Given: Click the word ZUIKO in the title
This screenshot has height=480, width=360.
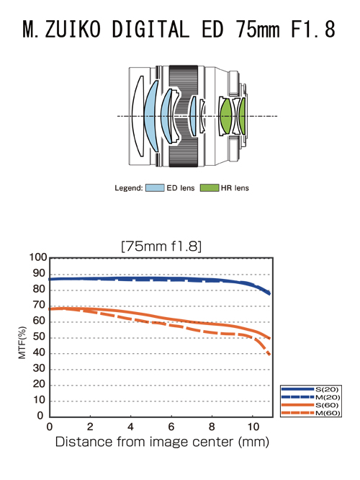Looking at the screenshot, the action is pyautogui.click(x=73, y=30).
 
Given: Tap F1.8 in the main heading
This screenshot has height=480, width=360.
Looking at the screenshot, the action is pyautogui.click(x=313, y=30).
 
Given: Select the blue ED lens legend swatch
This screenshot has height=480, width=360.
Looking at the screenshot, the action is pyautogui.click(x=155, y=188).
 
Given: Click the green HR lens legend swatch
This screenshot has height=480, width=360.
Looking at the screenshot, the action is pyautogui.click(x=210, y=188).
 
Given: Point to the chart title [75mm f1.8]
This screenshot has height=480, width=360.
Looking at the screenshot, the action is pyautogui.click(x=161, y=246).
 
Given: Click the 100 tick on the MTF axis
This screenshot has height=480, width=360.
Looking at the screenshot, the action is pyautogui.click(x=38, y=257).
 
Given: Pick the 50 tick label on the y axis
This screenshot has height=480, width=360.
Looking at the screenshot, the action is pyautogui.click(x=39, y=337).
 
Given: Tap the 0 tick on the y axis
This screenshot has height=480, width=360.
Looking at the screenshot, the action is pyautogui.click(x=40, y=416).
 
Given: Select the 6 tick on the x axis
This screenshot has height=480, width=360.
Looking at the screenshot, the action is pyautogui.click(x=171, y=427).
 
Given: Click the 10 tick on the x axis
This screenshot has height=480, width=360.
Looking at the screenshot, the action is pyautogui.click(x=253, y=427).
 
